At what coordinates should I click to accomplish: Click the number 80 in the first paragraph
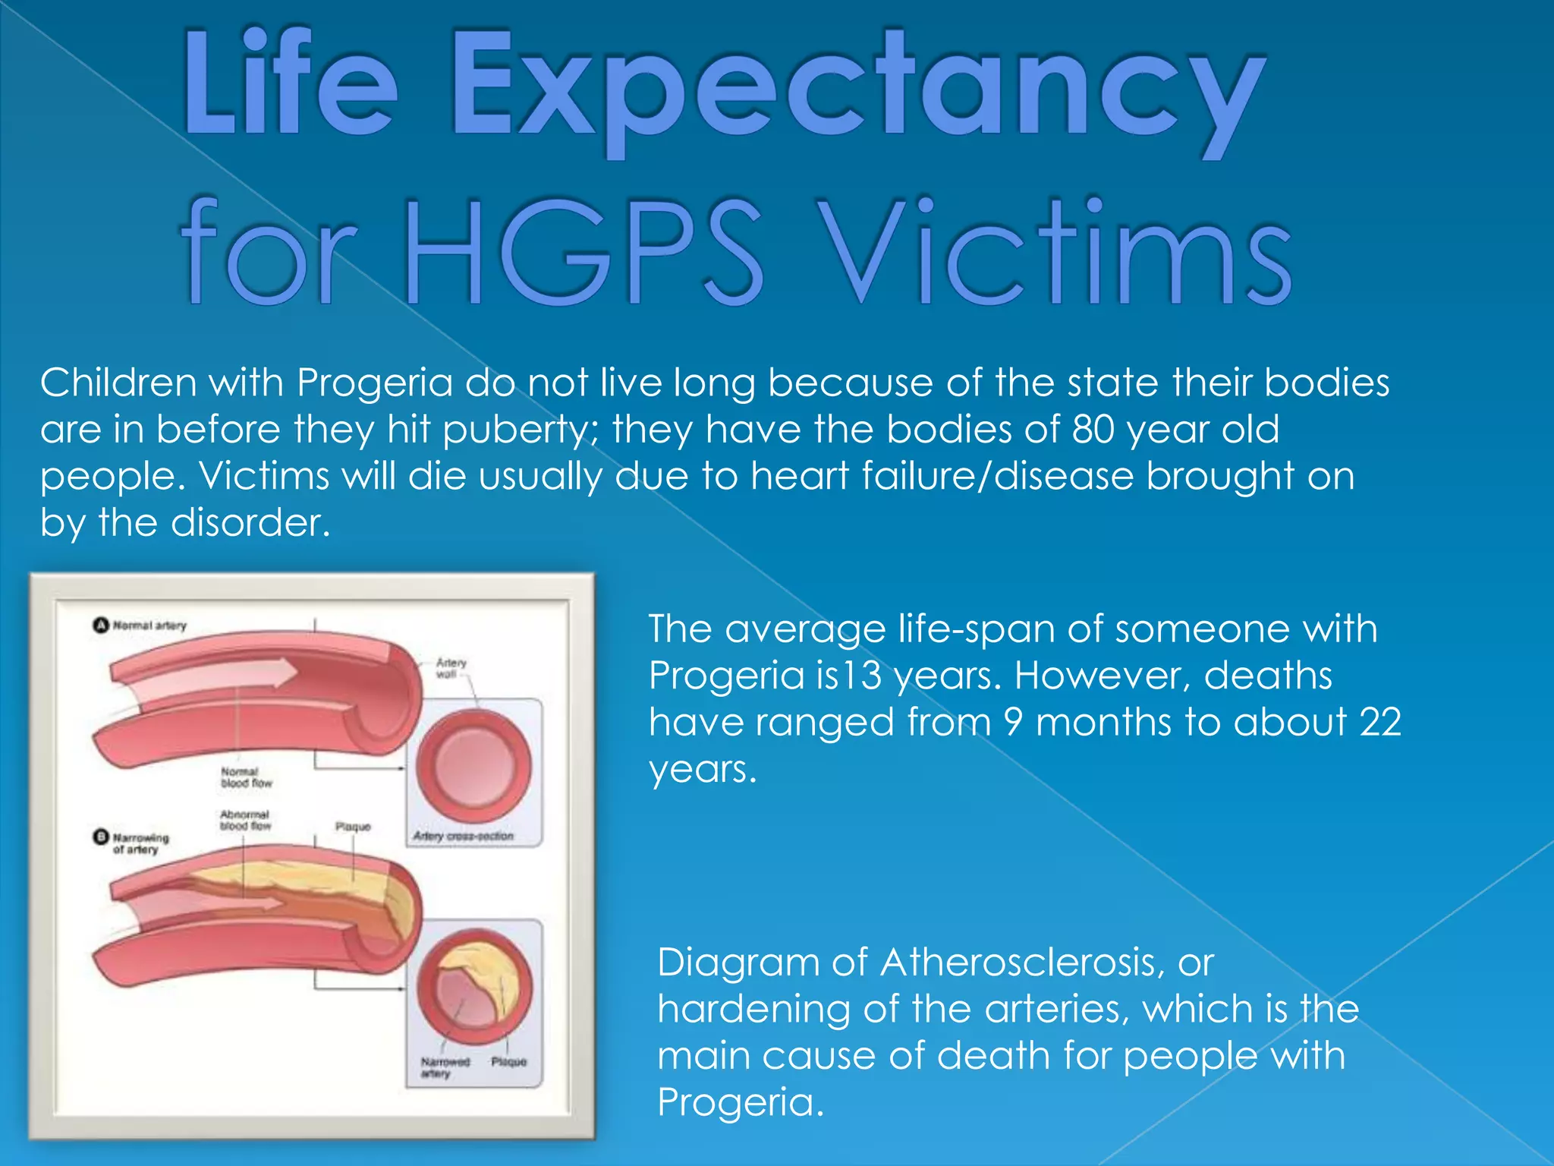pos(1093,430)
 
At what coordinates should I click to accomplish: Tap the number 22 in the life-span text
pos(1379,722)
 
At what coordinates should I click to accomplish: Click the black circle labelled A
pos(101,626)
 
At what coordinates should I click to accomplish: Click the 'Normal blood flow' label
pos(246,777)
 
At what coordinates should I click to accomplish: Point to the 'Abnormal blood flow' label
pos(245,820)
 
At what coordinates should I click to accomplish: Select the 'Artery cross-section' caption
pos(463,836)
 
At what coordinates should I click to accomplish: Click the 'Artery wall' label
pos(451,668)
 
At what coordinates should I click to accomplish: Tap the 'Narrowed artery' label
pos(445,1067)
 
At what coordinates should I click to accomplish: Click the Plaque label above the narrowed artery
pos(353,826)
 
